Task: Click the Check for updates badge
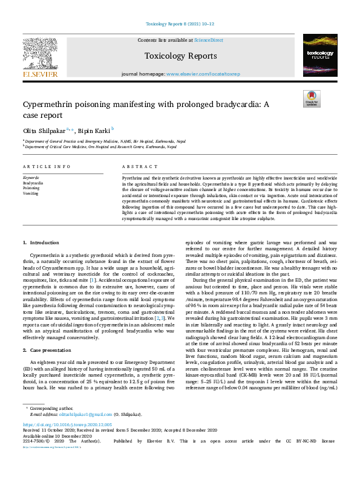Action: tap(311, 99)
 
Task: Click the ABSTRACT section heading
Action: tap(136, 166)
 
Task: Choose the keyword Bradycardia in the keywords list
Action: tap(33, 182)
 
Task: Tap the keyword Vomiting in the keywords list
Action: tap(30, 193)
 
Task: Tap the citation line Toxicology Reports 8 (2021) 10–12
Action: tap(180, 25)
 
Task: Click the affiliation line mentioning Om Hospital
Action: tap(100, 146)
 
